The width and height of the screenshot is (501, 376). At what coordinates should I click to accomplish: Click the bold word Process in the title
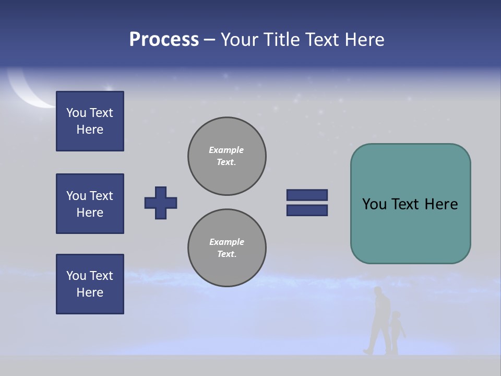click(x=164, y=40)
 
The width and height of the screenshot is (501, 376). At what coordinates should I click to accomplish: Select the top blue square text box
click(x=90, y=121)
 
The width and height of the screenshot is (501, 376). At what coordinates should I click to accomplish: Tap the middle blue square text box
click(x=90, y=204)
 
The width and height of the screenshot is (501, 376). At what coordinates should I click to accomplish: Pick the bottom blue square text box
click(x=90, y=284)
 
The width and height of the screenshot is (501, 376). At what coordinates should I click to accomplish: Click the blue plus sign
click(x=161, y=203)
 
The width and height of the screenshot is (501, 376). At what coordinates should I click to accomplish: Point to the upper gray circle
click(x=226, y=156)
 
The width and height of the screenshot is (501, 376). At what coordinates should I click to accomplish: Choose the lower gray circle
click(x=226, y=248)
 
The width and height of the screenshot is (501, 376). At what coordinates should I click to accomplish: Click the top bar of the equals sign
click(x=307, y=195)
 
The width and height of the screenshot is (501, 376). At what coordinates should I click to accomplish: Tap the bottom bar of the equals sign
click(x=307, y=210)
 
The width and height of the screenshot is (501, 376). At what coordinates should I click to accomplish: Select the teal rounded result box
click(x=410, y=204)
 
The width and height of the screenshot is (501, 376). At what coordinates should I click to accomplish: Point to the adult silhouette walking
click(x=379, y=321)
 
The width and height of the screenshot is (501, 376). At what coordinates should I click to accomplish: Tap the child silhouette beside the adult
click(x=397, y=332)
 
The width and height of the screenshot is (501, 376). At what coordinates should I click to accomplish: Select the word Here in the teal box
click(x=441, y=204)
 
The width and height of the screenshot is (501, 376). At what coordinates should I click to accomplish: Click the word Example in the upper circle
click(x=226, y=150)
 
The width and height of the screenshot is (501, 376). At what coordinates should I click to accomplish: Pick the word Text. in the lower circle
click(x=226, y=254)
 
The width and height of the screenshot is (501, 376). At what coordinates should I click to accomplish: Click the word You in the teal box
click(x=374, y=204)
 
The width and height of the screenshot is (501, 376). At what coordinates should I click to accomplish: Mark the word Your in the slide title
click(x=240, y=40)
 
